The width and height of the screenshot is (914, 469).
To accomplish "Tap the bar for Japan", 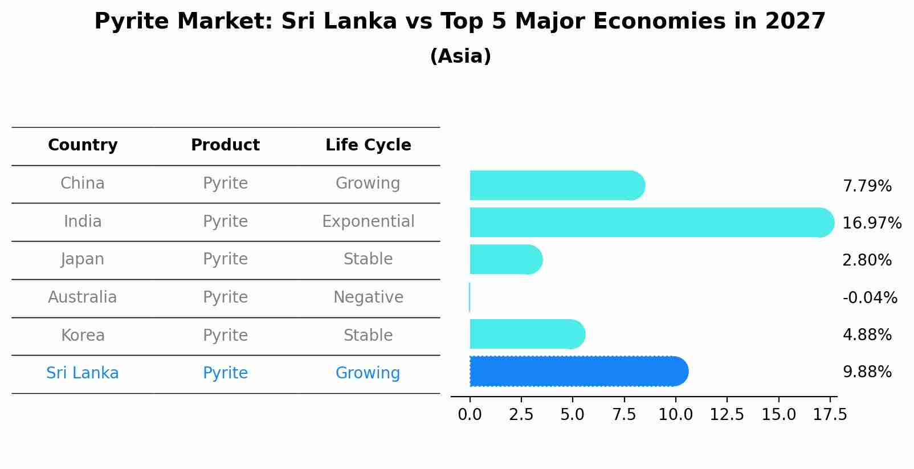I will [x=505, y=260].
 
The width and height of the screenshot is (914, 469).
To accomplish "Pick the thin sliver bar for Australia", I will [x=470, y=297].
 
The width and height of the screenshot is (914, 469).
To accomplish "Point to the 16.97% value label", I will [x=871, y=223].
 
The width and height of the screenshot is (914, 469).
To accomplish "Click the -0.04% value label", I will [x=870, y=297].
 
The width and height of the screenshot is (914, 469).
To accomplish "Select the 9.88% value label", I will [x=867, y=372].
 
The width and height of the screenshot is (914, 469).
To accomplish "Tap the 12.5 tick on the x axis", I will [x=727, y=414].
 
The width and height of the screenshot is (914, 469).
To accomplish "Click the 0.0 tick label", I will [x=470, y=414].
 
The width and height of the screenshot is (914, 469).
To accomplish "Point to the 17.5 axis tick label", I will [x=830, y=414].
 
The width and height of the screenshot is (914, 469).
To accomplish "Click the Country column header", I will [x=83, y=145].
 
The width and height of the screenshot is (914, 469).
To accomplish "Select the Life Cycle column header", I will [x=368, y=145].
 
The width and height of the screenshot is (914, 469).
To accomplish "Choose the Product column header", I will [x=225, y=145].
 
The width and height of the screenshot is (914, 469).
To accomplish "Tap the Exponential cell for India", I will [x=368, y=221].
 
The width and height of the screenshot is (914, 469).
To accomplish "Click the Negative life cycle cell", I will [x=368, y=297].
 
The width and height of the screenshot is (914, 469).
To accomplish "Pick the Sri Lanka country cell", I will [x=83, y=373].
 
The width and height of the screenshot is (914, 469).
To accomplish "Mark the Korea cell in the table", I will [x=83, y=335].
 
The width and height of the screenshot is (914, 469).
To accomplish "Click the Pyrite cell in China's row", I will [x=225, y=183].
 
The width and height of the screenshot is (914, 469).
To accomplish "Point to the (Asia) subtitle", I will [x=460, y=56].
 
